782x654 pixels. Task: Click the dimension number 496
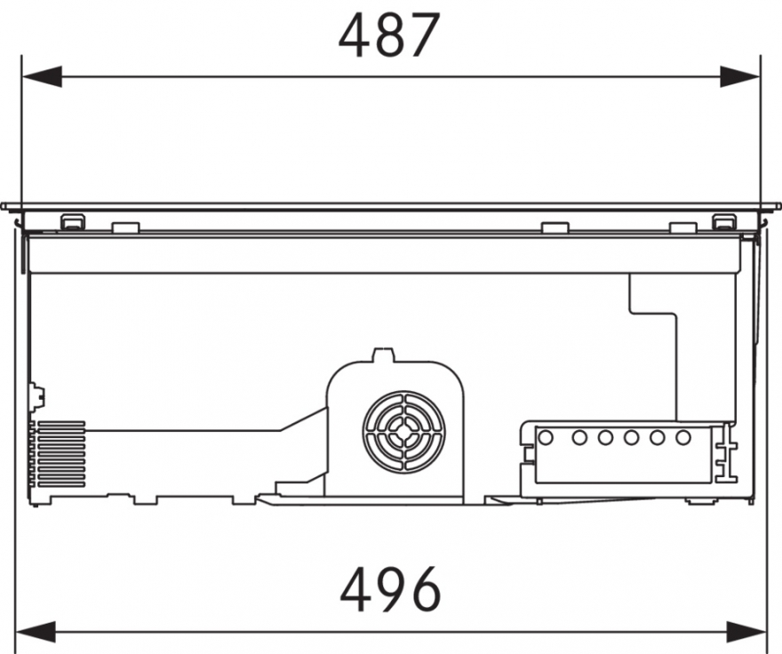(390, 590)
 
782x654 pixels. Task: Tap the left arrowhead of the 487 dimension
(42, 76)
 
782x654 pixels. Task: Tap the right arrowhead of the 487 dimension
(740, 76)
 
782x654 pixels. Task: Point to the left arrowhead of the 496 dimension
(36, 632)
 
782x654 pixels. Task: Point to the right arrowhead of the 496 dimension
(746, 632)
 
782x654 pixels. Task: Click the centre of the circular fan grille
(404, 432)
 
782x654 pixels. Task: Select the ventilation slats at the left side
(60, 454)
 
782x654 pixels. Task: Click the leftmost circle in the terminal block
(547, 438)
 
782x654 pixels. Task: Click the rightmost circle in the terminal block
(682, 438)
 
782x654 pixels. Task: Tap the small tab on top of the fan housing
(384, 355)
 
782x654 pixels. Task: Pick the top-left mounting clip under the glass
(73, 221)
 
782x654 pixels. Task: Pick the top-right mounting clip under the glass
(723, 221)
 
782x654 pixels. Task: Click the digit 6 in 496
(425, 590)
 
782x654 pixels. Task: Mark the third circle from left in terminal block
(605, 438)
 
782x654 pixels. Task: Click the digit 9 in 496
(390, 590)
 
